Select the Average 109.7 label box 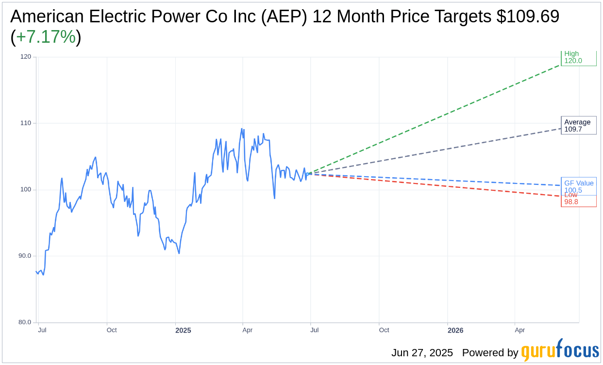click(x=578, y=125)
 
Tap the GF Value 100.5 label click(x=578, y=186)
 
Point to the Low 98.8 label click(x=571, y=199)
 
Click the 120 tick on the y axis click(x=25, y=57)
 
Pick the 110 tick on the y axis click(x=25, y=123)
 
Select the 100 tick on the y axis click(x=25, y=190)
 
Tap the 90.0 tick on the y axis click(x=24, y=256)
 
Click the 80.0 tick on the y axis click(x=24, y=322)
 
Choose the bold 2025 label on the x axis click(x=183, y=331)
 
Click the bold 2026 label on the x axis click(x=455, y=331)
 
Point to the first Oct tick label click(x=112, y=330)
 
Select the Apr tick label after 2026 click(x=519, y=330)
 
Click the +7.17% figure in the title click(x=46, y=37)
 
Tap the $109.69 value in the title click(x=528, y=17)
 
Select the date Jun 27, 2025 click(x=422, y=353)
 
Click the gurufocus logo click(x=560, y=350)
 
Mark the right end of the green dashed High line click(x=560, y=65)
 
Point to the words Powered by click(x=490, y=353)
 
